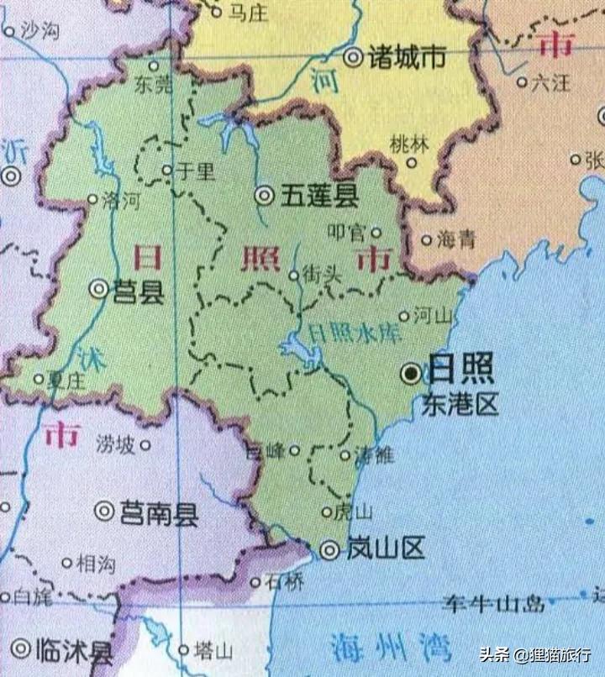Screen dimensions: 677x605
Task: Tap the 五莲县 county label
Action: pos(319,197)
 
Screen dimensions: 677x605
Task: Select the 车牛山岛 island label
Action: pos(495,603)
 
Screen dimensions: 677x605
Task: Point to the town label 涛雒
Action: pos(374,456)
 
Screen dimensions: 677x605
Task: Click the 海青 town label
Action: pos(456,239)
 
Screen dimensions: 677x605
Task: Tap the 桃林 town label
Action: pos(410,144)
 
